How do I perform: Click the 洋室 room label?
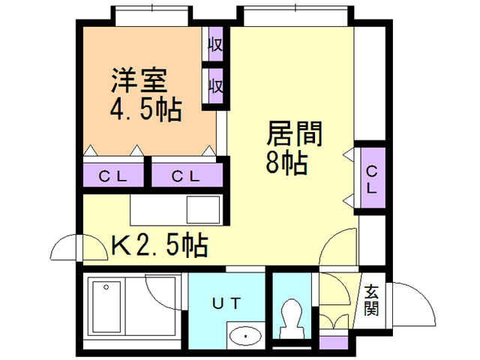(139, 80)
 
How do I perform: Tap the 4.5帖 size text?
(145, 110)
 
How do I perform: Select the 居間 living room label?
(295, 133)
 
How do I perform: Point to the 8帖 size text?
(286, 163)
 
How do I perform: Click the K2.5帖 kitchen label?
(160, 245)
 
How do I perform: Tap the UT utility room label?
(226, 303)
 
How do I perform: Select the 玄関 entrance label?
(371, 300)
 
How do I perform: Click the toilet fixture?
(292, 319)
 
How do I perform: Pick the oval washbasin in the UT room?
(245, 336)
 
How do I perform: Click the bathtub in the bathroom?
(106, 307)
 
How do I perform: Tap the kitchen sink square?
(203, 210)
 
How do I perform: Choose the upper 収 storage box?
(215, 44)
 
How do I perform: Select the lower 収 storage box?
(215, 86)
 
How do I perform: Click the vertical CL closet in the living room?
(373, 178)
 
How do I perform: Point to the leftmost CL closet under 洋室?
(113, 175)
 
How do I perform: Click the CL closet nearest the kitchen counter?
(187, 175)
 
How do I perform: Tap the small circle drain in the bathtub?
(106, 287)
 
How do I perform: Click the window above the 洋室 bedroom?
(151, 16)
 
